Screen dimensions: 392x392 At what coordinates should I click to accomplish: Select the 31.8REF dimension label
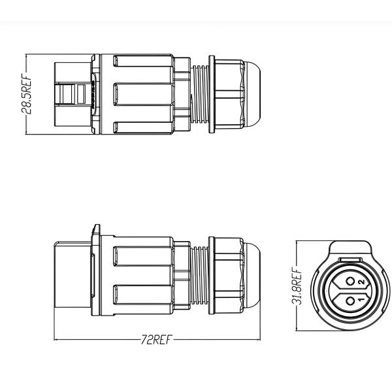[297, 287]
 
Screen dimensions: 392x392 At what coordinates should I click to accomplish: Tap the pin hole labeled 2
[351, 281]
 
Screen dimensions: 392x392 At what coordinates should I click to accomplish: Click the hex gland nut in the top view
[229, 94]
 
